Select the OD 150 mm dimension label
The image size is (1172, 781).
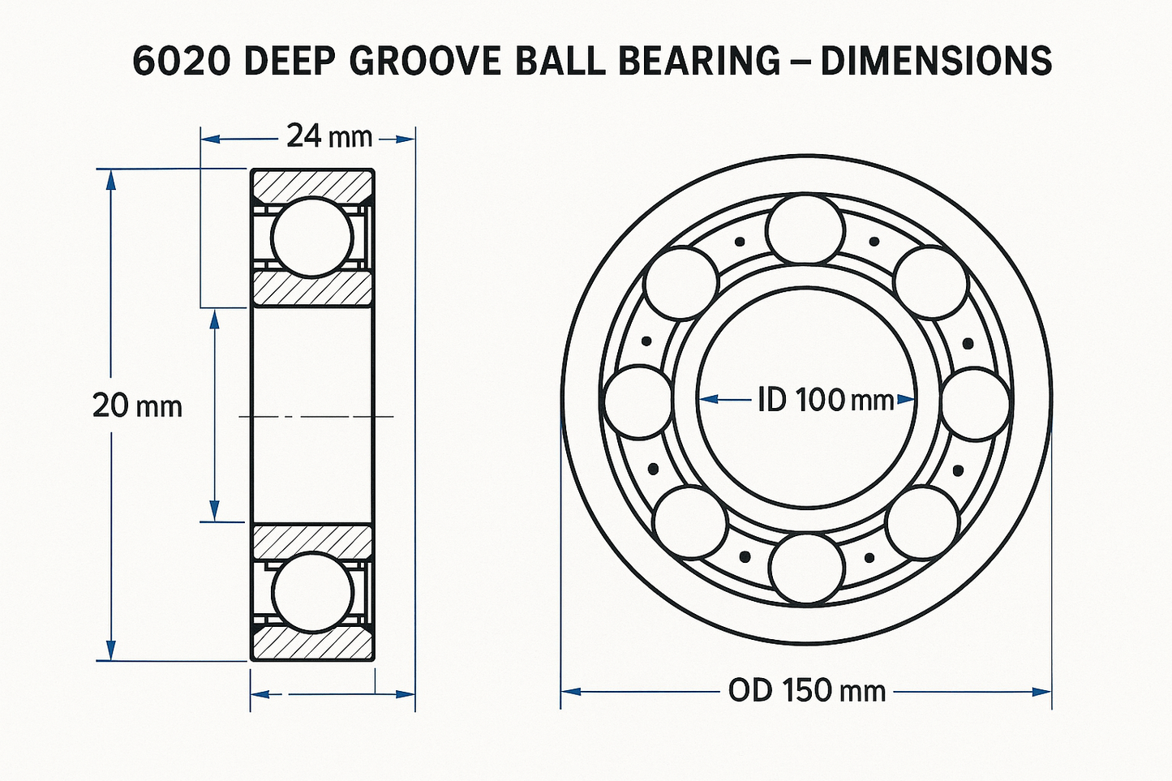[806, 691]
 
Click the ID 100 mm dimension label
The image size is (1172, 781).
[825, 399]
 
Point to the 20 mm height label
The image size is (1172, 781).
[137, 406]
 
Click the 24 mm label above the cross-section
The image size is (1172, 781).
[328, 136]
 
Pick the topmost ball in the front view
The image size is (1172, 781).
[805, 229]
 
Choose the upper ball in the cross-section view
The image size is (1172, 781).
[312, 237]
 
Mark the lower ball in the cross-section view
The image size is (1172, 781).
[312, 593]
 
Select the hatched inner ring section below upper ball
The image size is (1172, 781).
[312, 288]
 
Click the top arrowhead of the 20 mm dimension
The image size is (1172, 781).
[111, 180]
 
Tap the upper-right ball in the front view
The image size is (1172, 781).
[930, 282]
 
